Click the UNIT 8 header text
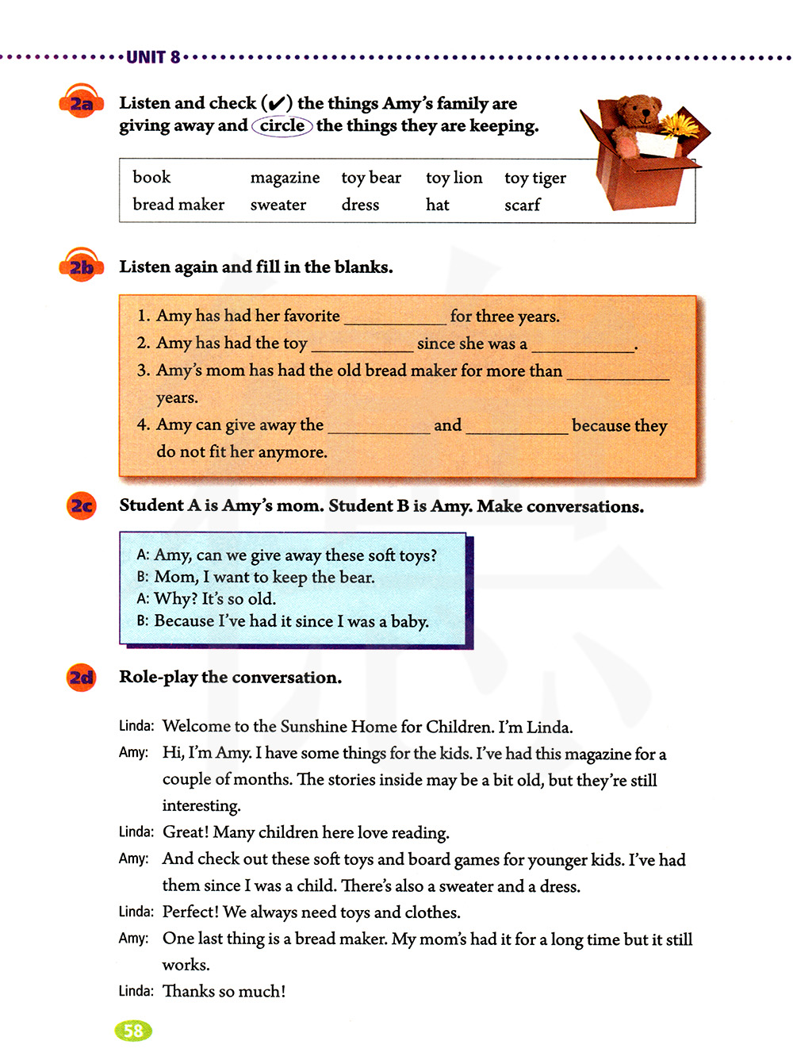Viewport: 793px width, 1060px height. point(153,57)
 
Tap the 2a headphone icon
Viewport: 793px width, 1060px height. point(81,104)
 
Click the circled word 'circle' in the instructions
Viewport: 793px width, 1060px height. point(282,125)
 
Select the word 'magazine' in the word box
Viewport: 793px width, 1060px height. point(285,178)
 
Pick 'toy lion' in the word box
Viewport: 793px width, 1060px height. point(454,178)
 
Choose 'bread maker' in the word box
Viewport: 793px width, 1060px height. point(178,205)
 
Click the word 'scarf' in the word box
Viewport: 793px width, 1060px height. point(522,205)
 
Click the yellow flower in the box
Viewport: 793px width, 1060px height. point(680,125)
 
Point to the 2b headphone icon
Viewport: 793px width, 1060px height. point(81,267)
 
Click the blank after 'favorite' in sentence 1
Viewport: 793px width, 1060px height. point(395,317)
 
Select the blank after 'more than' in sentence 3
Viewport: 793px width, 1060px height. point(618,372)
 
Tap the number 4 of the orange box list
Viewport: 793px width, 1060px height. point(143,424)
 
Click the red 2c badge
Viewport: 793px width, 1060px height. point(82,506)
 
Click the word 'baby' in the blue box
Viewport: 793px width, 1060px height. point(409,621)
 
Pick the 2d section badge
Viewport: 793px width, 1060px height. point(82,678)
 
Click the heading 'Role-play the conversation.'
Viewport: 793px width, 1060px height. point(230,678)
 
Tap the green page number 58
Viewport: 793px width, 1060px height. point(133,1031)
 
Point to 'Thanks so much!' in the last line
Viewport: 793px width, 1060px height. point(224,992)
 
